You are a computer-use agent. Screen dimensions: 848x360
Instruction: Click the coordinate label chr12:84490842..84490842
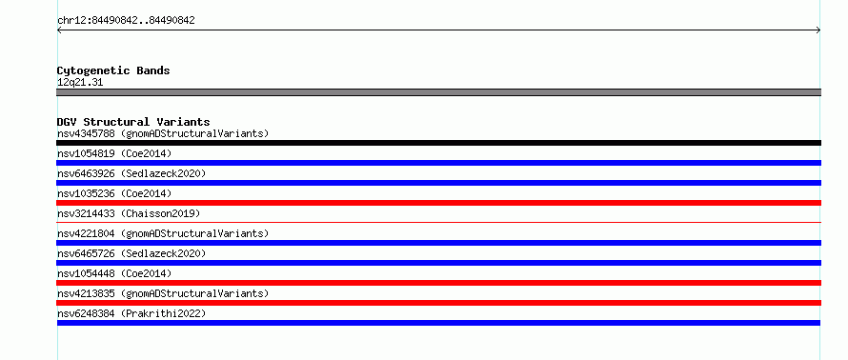coord(126,21)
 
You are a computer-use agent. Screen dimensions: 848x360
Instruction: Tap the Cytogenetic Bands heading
coord(113,70)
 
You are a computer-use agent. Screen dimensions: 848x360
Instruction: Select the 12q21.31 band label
coord(80,83)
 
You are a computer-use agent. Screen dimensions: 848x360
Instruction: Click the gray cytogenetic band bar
coord(438,92)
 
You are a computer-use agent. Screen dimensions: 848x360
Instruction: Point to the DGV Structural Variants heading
coord(133,122)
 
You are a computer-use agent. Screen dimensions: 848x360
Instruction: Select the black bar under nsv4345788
coord(438,143)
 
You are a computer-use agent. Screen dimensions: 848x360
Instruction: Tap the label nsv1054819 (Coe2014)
coord(114,153)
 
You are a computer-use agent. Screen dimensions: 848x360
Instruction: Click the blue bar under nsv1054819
coord(438,163)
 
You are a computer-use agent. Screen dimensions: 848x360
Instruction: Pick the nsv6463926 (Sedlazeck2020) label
coord(131,173)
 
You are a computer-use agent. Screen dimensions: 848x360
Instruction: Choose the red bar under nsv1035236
coord(438,203)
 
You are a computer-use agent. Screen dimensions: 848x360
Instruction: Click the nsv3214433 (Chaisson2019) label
coord(129,213)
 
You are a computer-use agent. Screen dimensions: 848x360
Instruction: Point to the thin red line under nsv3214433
coord(438,222)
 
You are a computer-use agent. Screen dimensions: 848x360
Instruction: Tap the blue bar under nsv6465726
coord(438,263)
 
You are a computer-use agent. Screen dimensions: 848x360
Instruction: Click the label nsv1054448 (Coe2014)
coord(114,273)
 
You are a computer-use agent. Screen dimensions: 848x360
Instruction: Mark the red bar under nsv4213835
coord(438,303)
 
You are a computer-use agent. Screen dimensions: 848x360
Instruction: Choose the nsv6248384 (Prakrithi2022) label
coord(131,313)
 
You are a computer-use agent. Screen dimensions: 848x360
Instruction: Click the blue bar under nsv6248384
coord(438,323)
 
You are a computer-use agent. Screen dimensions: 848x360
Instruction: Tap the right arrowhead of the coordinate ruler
coord(818,30)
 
